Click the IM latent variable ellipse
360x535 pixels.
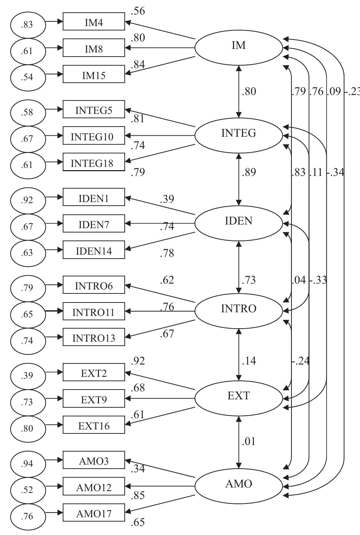[239, 46]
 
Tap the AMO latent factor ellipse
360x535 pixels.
[239, 484]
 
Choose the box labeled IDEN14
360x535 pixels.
[94, 251]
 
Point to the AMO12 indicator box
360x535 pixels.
[94, 487]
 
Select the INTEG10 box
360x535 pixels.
[94, 137]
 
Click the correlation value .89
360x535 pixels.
[249, 172]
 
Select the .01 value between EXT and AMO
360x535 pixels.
[249, 441]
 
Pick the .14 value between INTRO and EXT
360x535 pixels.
[249, 361]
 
